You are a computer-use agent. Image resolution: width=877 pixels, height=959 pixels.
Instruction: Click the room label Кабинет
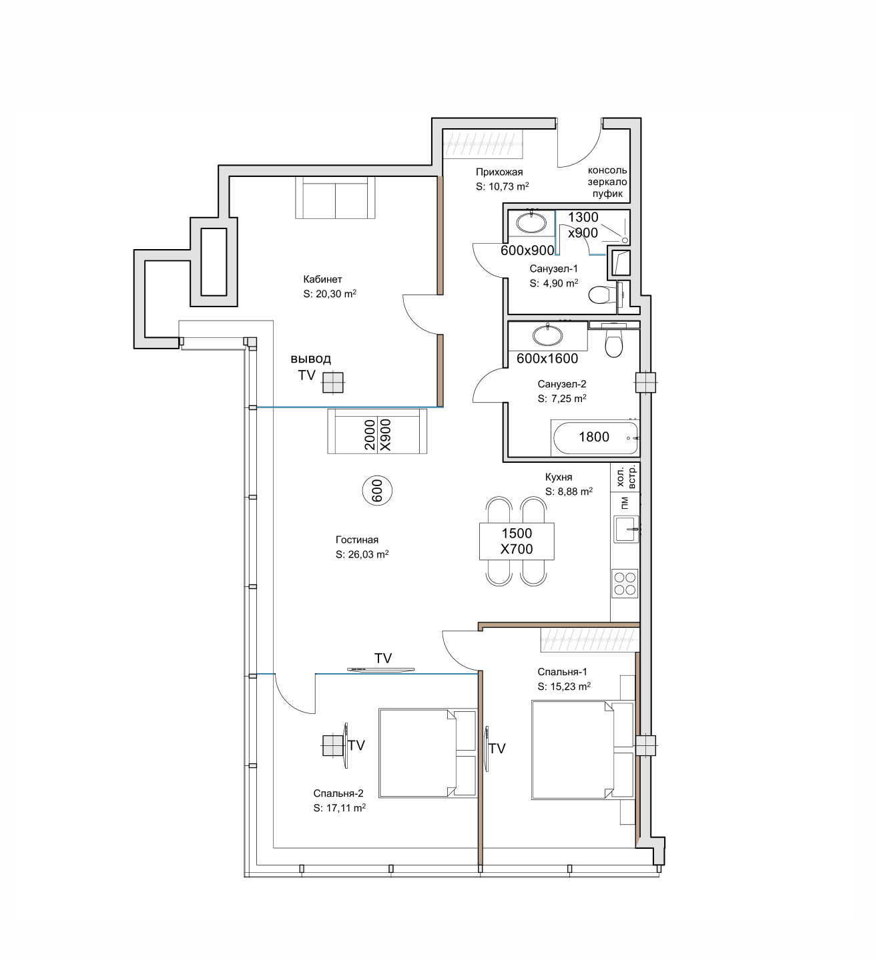coord(322,278)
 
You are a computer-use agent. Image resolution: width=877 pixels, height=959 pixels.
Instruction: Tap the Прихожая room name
coord(499,172)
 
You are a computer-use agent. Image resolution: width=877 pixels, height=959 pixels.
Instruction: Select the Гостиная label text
coord(356,540)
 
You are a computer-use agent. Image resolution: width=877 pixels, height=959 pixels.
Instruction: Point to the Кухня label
coord(558,477)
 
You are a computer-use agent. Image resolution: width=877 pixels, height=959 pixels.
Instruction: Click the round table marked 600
coord(378,491)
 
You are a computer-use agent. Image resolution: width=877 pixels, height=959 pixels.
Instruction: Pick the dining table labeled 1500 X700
coord(517,541)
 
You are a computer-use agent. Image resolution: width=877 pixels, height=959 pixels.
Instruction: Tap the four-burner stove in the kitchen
coord(625,584)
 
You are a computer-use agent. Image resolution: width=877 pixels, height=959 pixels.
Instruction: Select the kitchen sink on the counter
coord(626,529)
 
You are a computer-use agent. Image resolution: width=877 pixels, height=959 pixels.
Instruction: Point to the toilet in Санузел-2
coord(613,341)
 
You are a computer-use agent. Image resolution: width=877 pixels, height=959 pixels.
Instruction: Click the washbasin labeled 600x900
coord(531,223)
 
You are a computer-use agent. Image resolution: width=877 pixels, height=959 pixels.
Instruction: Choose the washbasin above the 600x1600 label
coord(548,335)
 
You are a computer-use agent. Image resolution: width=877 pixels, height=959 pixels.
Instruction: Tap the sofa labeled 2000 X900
coord(377,431)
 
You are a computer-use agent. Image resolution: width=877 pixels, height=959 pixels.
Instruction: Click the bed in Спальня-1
coord(583,749)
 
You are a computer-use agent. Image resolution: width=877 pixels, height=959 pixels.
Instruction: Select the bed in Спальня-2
coord(428,753)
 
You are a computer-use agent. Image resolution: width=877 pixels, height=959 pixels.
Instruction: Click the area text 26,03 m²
coord(368,554)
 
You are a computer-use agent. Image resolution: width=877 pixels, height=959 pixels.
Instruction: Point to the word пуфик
coord(607,194)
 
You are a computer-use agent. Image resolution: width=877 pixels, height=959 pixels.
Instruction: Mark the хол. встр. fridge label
coord(625,477)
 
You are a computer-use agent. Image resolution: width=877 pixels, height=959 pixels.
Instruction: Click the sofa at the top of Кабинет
coord(335,198)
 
